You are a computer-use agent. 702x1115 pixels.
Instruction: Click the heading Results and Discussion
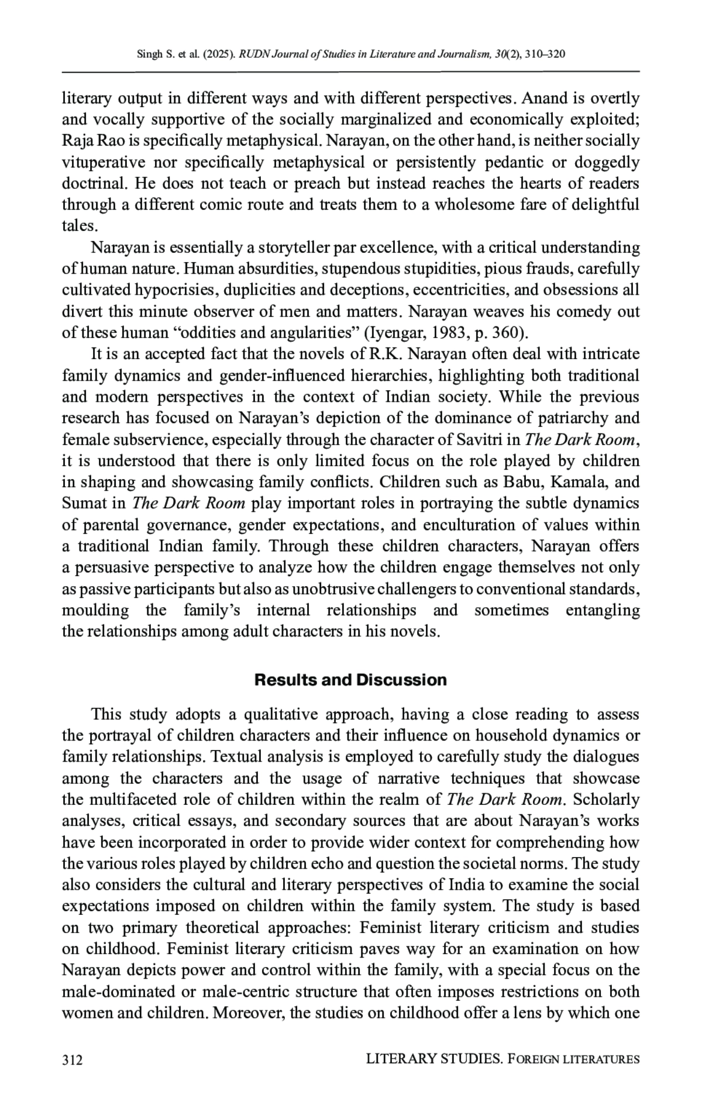coord(350,680)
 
